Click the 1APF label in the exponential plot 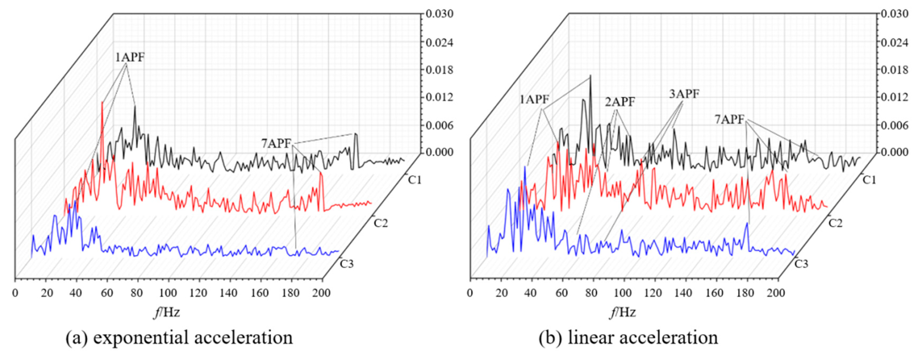coord(129,57)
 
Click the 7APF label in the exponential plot coord(276,144)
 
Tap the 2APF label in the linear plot coord(620,102)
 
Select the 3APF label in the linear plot coord(684,94)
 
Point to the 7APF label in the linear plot coord(729,120)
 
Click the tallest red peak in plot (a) coord(102,103)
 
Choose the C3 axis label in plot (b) coord(801,264)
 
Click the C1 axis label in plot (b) coord(869,180)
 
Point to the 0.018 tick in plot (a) coord(440,70)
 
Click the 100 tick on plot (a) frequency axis coord(168,293)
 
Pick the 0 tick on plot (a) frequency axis coord(15,293)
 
